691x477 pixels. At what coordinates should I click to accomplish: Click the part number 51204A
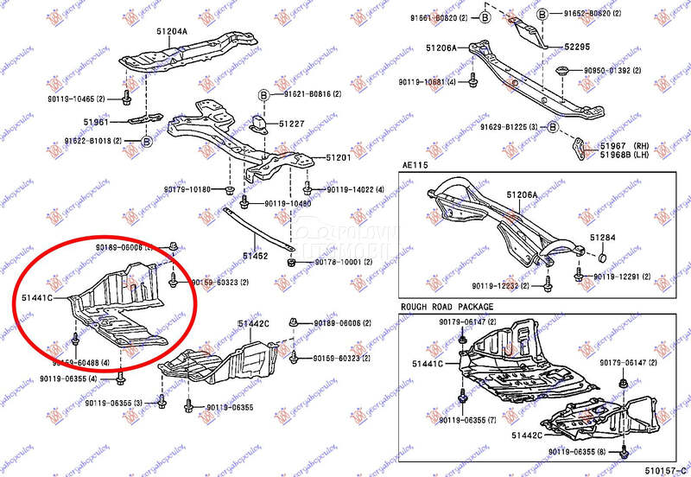[172, 32]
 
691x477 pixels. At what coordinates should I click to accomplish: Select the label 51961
[96, 122]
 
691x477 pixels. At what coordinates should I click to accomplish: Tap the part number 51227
[291, 124]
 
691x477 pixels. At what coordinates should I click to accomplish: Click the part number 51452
[255, 255]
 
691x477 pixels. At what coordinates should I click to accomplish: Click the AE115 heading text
[415, 164]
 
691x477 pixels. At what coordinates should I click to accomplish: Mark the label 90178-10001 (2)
[344, 262]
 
